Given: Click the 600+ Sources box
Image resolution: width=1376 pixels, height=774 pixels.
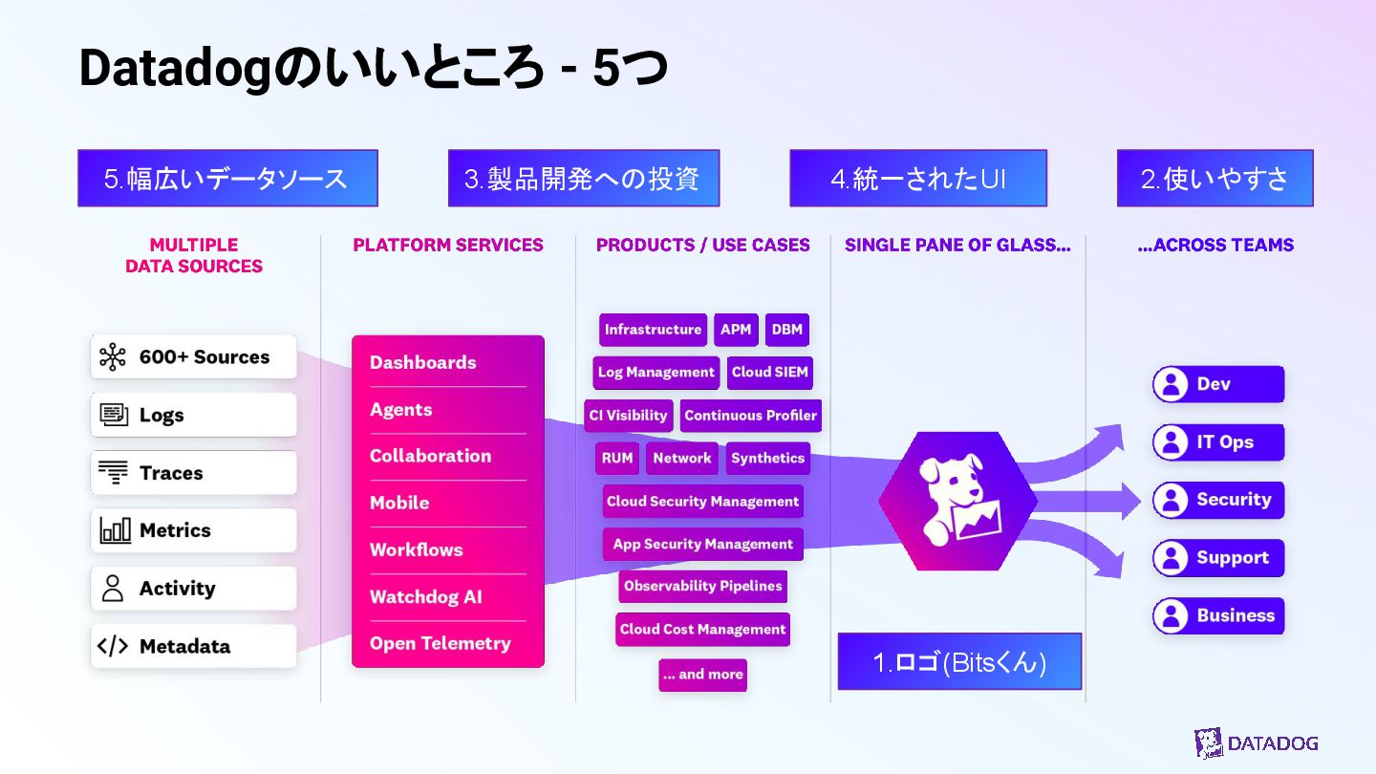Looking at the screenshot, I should point(194,357).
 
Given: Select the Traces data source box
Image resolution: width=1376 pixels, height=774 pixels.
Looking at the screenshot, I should point(194,473).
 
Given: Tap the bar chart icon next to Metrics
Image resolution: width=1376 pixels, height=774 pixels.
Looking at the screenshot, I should point(115,530).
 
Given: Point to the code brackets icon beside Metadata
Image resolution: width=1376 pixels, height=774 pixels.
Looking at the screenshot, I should point(113,647).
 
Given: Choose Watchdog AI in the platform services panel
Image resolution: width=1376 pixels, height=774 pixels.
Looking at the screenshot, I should point(426,597).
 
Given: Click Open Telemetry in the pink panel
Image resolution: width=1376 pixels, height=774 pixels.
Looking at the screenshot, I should point(441,644).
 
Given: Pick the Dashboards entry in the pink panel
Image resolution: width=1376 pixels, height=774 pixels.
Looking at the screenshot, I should point(423,363).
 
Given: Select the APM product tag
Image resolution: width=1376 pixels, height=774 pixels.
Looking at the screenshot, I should point(736,330).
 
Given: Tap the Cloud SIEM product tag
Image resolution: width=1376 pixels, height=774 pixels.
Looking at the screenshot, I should point(769,373).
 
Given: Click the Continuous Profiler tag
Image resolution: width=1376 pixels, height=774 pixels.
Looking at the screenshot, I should point(750,416).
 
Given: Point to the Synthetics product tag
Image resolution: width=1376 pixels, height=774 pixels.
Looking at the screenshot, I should point(767,459).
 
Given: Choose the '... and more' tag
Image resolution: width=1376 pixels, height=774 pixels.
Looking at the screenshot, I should point(702,675).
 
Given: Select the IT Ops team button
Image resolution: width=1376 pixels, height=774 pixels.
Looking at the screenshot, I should point(1217,442).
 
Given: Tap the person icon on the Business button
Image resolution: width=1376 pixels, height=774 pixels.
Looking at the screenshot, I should point(1171,616).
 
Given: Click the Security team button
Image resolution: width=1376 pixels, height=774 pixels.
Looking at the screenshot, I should point(1217,500).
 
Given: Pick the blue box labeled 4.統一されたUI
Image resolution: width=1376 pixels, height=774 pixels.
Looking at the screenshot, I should point(917,179).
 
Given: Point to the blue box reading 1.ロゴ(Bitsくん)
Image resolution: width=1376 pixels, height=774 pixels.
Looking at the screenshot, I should point(959,662).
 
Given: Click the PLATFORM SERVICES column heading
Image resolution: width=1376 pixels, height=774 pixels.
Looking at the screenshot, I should point(448,246).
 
